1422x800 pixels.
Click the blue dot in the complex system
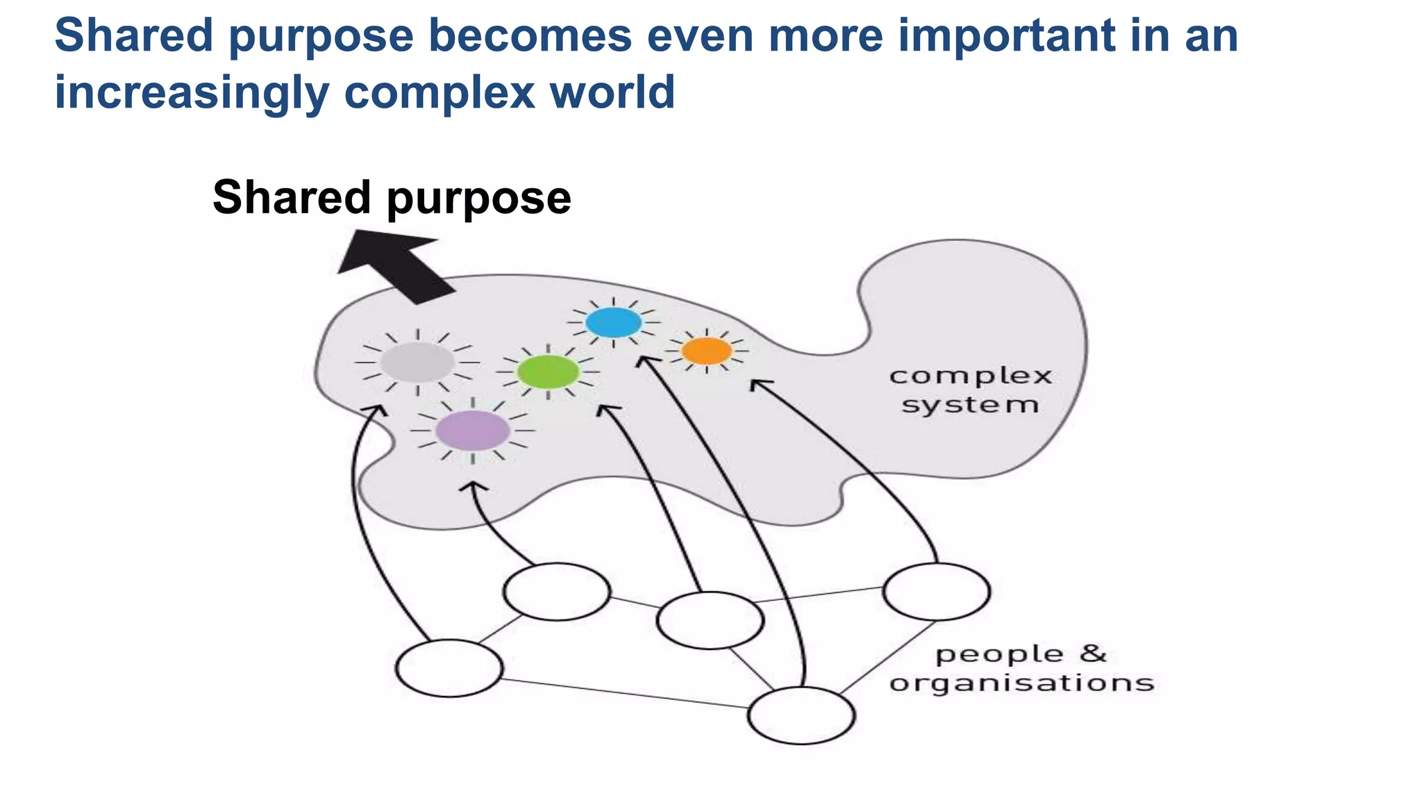pyautogui.click(x=614, y=323)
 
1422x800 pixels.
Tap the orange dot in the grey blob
pyautogui.click(x=706, y=351)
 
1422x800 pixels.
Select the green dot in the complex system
pyautogui.click(x=548, y=372)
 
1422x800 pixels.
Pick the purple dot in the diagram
pyautogui.click(x=473, y=431)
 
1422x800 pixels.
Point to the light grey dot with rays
pyautogui.click(x=417, y=362)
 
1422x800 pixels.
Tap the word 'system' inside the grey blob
pyautogui.click(x=970, y=405)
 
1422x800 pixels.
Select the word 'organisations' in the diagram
pyautogui.click(x=1021, y=683)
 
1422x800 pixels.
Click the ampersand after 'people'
pyautogui.click(x=1093, y=653)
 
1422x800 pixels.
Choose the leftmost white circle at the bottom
pyautogui.click(x=449, y=668)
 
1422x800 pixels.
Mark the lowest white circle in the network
pyautogui.click(x=801, y=715)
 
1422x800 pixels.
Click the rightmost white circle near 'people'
pyautogui.click(x=937, y=591)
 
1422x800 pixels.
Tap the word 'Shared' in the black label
pyautogui.click(x=292, y=197)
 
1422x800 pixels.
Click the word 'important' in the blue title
pyautogui.click(x=1005, y=35)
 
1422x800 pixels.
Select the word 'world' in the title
pyautogui.click(x=612, y=92)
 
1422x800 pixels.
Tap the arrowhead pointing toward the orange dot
pyautogui.click(x=758, y=384)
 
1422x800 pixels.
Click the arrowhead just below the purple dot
pyautogui.click(x=474, y=486)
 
